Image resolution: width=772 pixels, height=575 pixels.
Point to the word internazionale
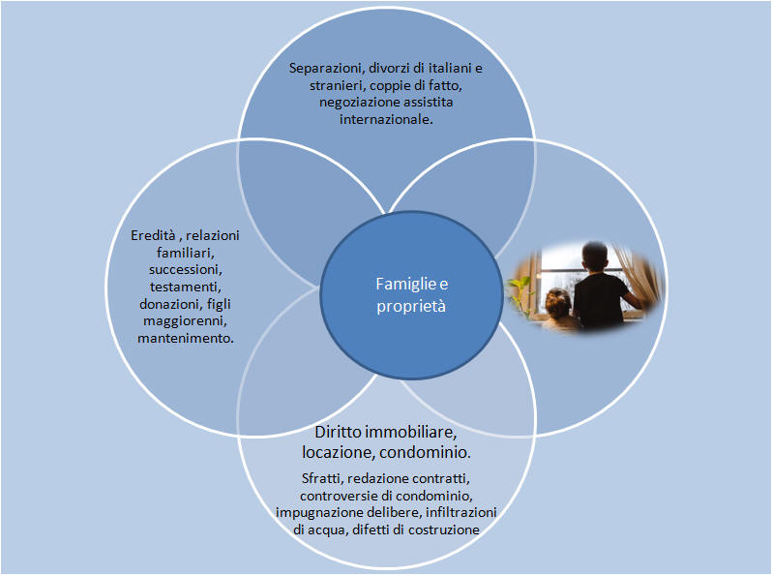(386, 119)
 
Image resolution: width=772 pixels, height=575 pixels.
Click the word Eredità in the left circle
(153, 235)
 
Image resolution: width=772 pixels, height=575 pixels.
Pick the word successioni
(186, 270)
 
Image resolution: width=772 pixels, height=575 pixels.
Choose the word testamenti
(186, 287)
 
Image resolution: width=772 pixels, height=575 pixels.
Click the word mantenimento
(186, 339)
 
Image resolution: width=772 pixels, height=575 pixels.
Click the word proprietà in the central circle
(411, 307)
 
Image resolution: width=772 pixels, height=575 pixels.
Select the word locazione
(339, 452)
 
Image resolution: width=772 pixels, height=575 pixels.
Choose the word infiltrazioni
(460, 512)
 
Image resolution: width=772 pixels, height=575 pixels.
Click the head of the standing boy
(596, 257)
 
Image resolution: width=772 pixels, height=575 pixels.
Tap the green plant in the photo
(520, 293)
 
